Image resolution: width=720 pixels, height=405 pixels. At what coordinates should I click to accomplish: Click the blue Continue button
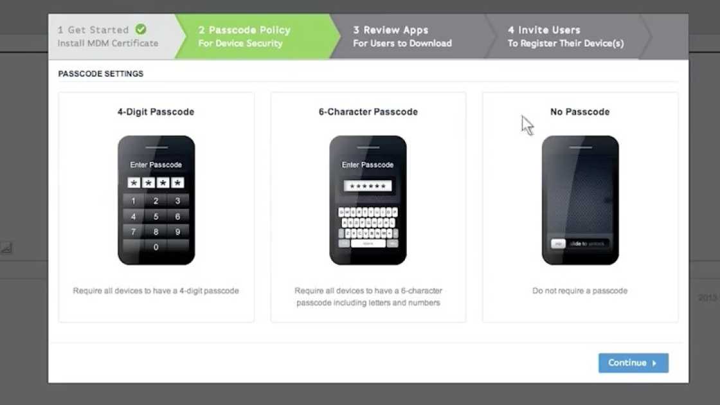click(x=633, y=363)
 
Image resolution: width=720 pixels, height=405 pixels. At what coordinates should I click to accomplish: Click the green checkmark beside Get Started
click(x=141, y=30)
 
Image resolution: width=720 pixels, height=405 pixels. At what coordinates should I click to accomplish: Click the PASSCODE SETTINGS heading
click(x=101, y=74)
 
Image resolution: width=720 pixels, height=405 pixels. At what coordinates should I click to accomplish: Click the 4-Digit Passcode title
click(x=156, y=112)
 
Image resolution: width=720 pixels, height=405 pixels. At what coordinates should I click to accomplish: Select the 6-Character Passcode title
click(x=368, y=112)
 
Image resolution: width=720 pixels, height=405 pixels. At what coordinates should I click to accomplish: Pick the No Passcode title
click(x=580, y=112)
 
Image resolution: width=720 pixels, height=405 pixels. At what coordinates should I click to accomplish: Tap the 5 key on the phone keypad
click(x=156, y=216)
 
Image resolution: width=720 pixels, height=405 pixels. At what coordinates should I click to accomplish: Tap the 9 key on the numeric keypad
click(x=177, y=231)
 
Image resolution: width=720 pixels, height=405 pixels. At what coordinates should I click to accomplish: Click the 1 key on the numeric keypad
click(x=134, y=201)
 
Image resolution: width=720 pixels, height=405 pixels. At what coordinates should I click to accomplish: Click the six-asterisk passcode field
click(x=368, y=186)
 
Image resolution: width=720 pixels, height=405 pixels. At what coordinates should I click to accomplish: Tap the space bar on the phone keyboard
click(x=368, y=244)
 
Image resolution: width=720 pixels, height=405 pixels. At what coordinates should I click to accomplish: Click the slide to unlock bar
click(x=580, y=244)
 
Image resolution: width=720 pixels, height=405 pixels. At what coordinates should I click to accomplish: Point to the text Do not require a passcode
click(x=580, y=291)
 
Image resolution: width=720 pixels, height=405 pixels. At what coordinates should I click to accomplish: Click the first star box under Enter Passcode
click(x=134, y=183)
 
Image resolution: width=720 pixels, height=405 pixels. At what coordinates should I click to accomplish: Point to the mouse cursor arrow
click(x=526, y=124)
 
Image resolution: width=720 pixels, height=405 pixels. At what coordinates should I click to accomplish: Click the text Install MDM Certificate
click(x=107, y=43)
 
